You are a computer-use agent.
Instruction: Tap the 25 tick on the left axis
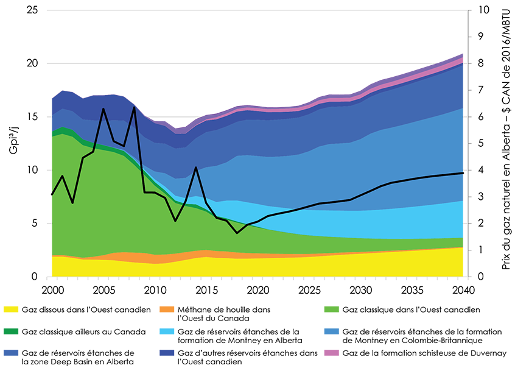[34, 10]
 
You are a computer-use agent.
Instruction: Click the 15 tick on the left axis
[34, 117]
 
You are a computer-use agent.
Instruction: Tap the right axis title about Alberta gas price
[506, 144]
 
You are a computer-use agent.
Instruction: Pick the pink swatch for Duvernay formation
[334, 353]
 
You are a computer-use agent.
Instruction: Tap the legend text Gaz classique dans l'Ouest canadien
[412, 310]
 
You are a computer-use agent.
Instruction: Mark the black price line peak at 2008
[134, 107]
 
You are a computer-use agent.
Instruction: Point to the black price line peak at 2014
[195, 167]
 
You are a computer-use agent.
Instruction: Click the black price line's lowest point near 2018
[237, 233]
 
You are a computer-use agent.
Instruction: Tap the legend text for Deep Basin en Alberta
[77, 358]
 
